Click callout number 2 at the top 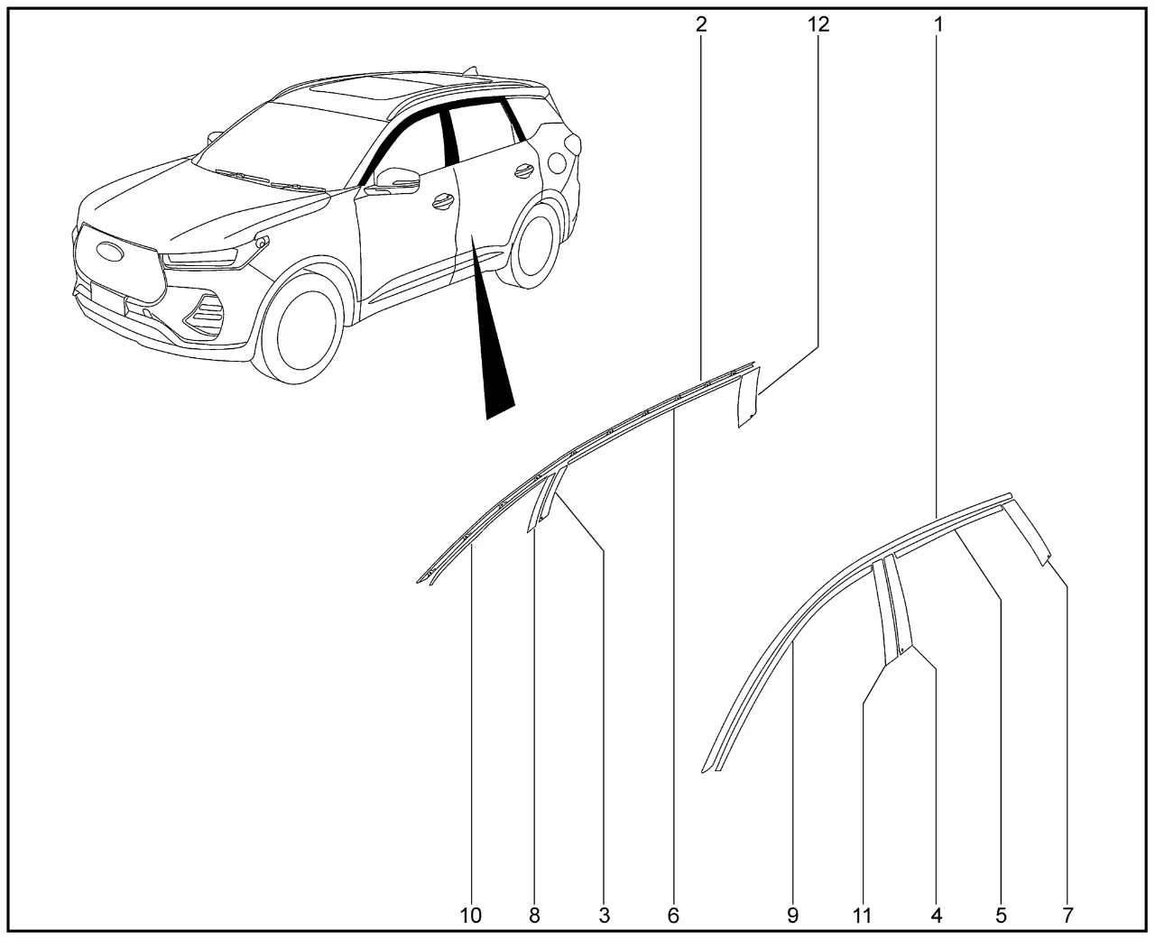(701, 24)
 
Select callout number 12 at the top (818, 24)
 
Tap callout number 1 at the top (938, 24)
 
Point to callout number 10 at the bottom (471, 916)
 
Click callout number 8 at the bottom (534, 916)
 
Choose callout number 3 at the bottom (604, 916)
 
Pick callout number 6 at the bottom (673, 916)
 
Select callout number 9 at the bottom (792, 916)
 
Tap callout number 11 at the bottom (862, 916)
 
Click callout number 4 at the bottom (937, 916)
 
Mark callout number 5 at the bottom (1001, 916)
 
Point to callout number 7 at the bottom (1067, 916)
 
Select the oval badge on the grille (111, 252)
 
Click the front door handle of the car (444, 201)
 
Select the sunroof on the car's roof (358, 87)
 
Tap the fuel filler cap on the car (557, 162)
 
